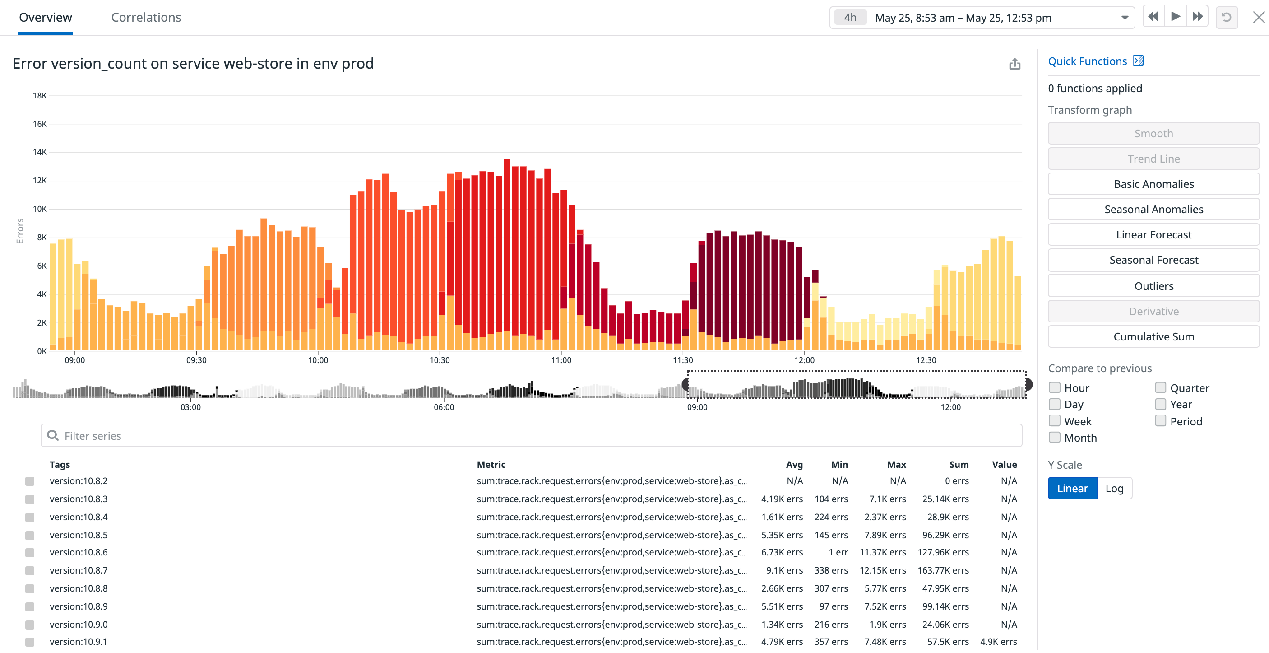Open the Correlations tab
[146, 18]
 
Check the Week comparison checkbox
[1054, 421]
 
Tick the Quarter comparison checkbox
[1160, 388]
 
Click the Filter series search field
[531, 436]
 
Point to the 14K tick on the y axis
[40, 152]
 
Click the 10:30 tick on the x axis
[439, 360]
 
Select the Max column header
[896, 464]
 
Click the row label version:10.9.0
[79, 625]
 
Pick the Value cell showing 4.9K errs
[998, 642]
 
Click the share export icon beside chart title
[1014, 64]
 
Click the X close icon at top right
[1258, 18]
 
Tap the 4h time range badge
[850, 18]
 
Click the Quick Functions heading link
[1087, 61]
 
